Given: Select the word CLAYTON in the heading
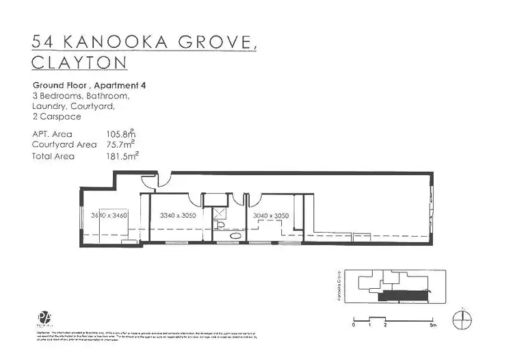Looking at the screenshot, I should tap(80, 64).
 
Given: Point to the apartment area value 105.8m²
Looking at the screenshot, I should tap(120, 134).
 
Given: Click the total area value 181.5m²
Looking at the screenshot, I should tap(120, 155).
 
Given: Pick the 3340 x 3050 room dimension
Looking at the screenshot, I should tap(177, 216).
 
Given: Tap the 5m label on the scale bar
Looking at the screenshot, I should tap(432, 326).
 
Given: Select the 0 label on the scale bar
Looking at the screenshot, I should tap(354, 326).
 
